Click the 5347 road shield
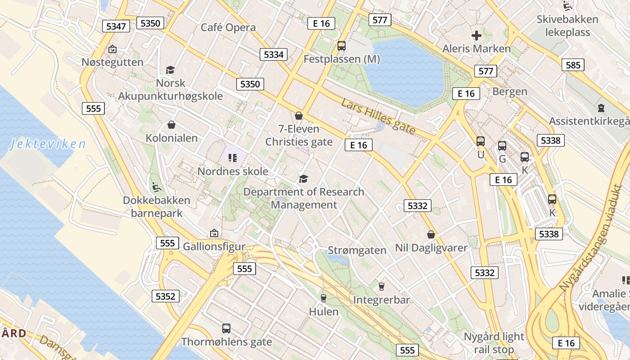[x=116, y=26]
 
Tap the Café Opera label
[x=228, y=27]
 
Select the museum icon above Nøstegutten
[x=112, y=49]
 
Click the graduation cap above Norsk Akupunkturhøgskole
[x=170, y=70]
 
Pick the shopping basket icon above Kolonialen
[x=171, y=125]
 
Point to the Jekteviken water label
[x=48, y=144]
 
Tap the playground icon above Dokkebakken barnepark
[x=157, y=187]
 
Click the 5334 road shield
[x=274, y=54]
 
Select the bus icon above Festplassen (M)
[x=342, y=45]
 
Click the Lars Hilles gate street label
[x=378, y=116]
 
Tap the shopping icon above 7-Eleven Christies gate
[x=298, y=116]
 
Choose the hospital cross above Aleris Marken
[x=477, y=35]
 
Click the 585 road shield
[x=573, y=65]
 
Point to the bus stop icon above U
[x=481, y=141]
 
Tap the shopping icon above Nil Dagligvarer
[x=431, y=234]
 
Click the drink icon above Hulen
[x=323, y=298]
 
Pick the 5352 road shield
[x=166, y=296]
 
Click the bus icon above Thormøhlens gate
[x=226, y=328]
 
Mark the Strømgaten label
[x=357, y=250]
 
